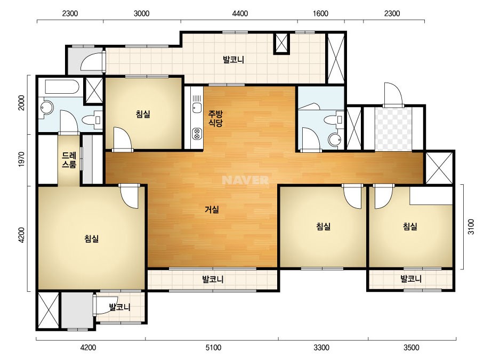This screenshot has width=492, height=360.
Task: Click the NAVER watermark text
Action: click(245, 180)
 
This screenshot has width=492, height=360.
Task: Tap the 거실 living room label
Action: click(212, 209)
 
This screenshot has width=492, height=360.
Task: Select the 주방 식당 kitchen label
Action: click(215, 118)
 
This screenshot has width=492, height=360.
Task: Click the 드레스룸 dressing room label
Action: click(69, 160)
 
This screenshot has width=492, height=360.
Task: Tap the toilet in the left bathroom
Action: click(92, 120)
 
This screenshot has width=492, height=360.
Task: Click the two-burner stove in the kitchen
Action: click(197, 134)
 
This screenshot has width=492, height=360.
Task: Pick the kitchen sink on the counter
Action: click(197, 107)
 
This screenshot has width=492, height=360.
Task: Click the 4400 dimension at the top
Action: click(240, 13)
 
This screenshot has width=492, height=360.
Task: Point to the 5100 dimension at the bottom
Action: click(213, 347)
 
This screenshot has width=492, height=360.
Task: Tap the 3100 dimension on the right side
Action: click(471, 227)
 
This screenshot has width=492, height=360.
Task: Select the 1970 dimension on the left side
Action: click(21, 159)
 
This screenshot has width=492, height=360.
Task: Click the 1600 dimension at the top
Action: click(321, 13)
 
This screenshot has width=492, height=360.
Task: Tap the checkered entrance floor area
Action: click(393, 129)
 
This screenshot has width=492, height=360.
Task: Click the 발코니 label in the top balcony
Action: click(233, 59)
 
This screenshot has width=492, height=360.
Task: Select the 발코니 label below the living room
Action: click(213, 279)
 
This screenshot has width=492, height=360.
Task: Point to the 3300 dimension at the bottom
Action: click(321, 347)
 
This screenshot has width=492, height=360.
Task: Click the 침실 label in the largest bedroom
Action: click(92, 239)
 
